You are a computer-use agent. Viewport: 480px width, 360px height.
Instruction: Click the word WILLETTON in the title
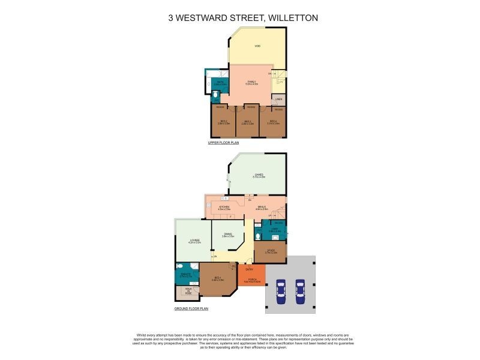289,18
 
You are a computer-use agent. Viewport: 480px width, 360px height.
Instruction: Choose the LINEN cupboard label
278,99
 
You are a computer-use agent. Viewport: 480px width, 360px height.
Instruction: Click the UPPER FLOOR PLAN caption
223,143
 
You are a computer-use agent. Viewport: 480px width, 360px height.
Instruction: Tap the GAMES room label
259,175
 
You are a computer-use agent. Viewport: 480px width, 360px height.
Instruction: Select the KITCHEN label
224,206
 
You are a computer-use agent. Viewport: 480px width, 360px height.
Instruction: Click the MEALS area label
262,206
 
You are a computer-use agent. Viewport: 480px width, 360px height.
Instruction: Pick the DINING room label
228,234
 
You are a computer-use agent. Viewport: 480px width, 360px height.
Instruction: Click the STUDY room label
271,251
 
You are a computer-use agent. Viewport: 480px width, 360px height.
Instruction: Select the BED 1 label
218,277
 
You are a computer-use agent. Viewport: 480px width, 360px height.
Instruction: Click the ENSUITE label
186,274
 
